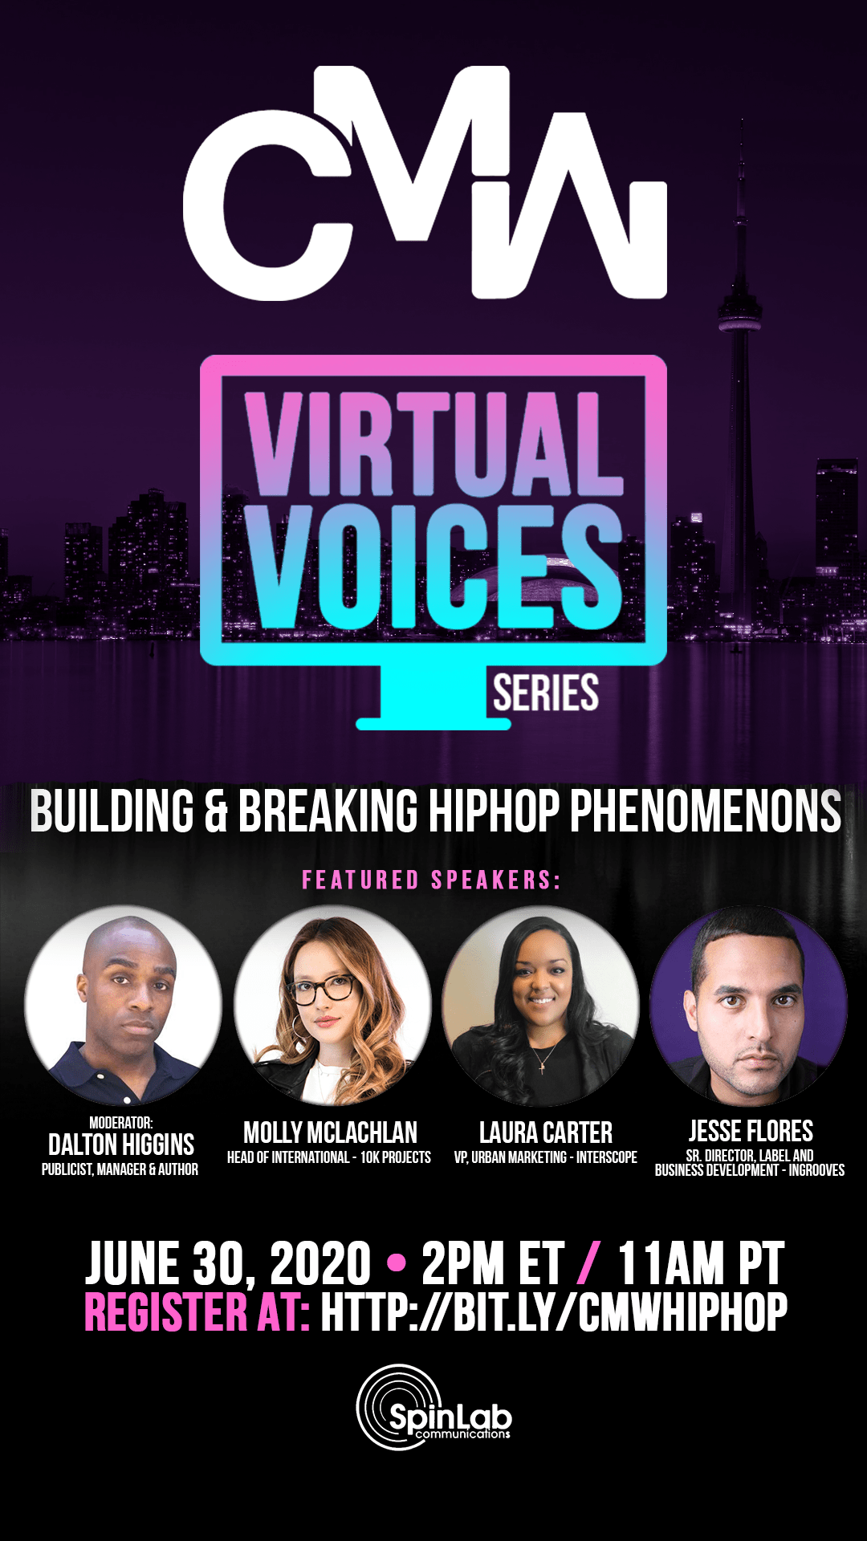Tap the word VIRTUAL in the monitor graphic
tap(434, 444)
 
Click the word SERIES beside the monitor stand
tap(546, 693)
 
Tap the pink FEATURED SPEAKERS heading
tap(431, 880)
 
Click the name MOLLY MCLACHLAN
tap(330, 1133)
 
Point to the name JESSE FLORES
tap(751, 1132)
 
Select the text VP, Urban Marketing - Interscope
tap(546, 1157)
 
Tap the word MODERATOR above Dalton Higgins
tap(120, 1123)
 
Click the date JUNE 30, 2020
tap(228, 1264)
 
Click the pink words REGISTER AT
tap(197, 1313)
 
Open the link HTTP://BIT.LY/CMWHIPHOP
tap(554, 1313)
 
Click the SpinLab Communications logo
tap(433, 1407)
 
